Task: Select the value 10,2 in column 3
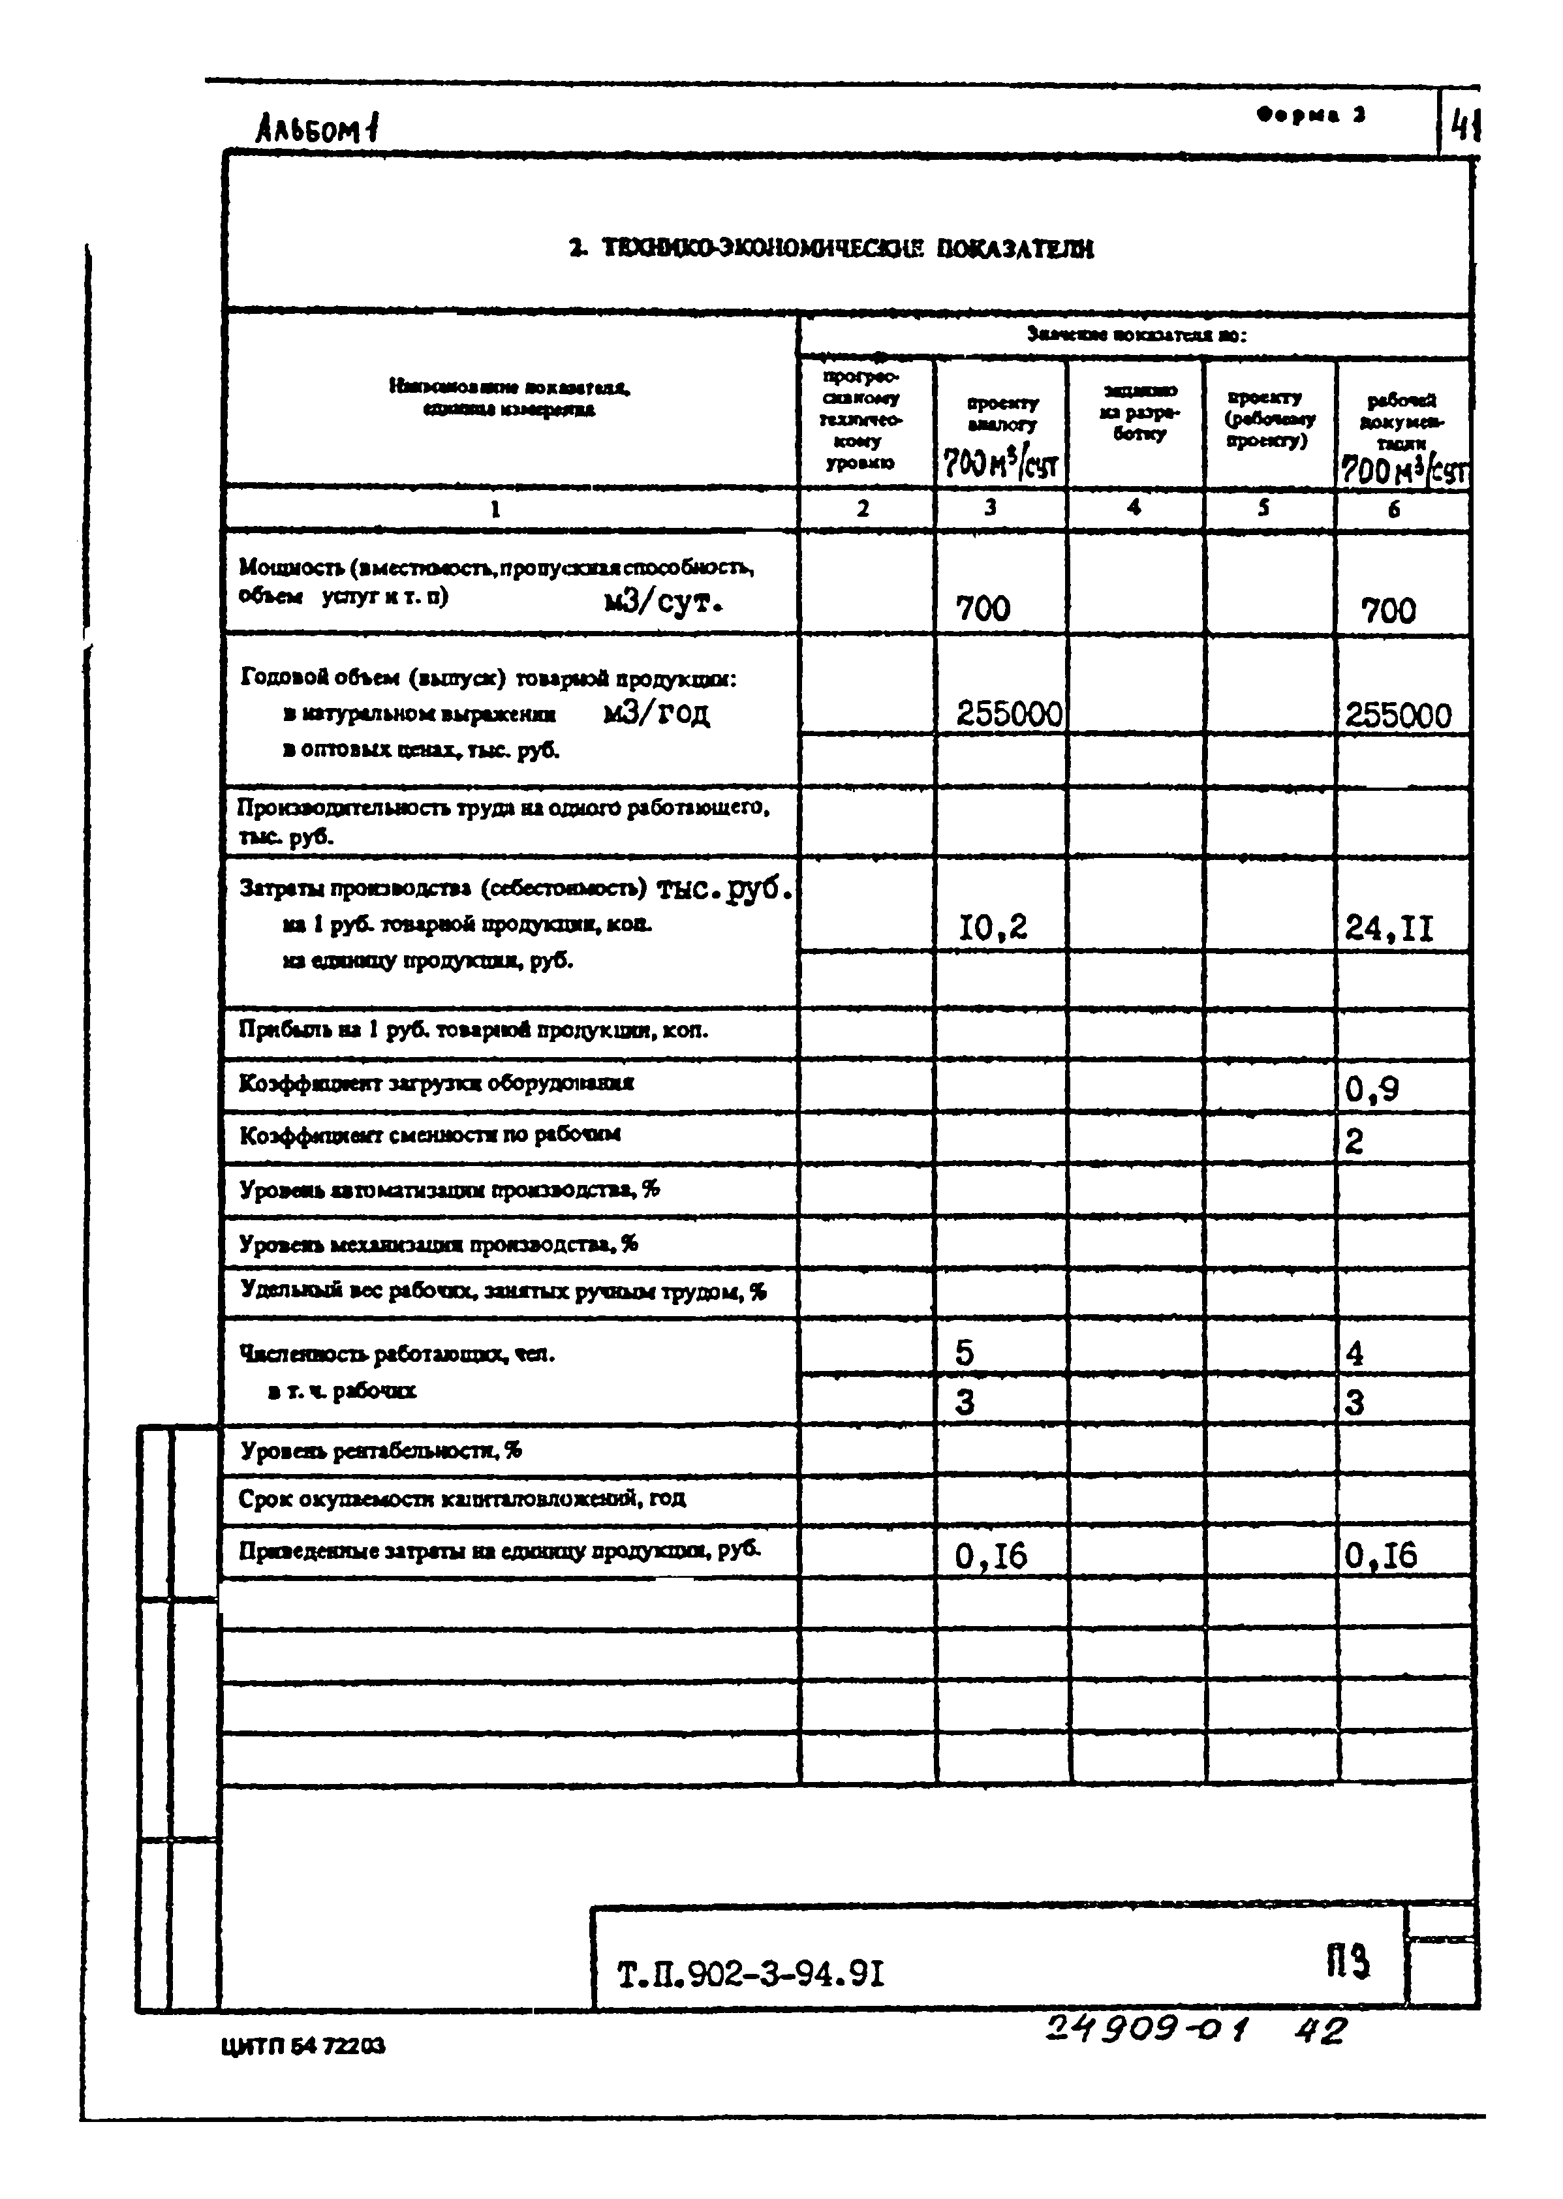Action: coord(992,927)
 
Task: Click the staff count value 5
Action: coord(965,1353)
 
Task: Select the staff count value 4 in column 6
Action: coord(1354,1354)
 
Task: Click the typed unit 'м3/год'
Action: coord(657,713)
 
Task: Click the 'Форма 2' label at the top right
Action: coord(1311,115)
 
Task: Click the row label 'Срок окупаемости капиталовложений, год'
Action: coord(462,1498)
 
